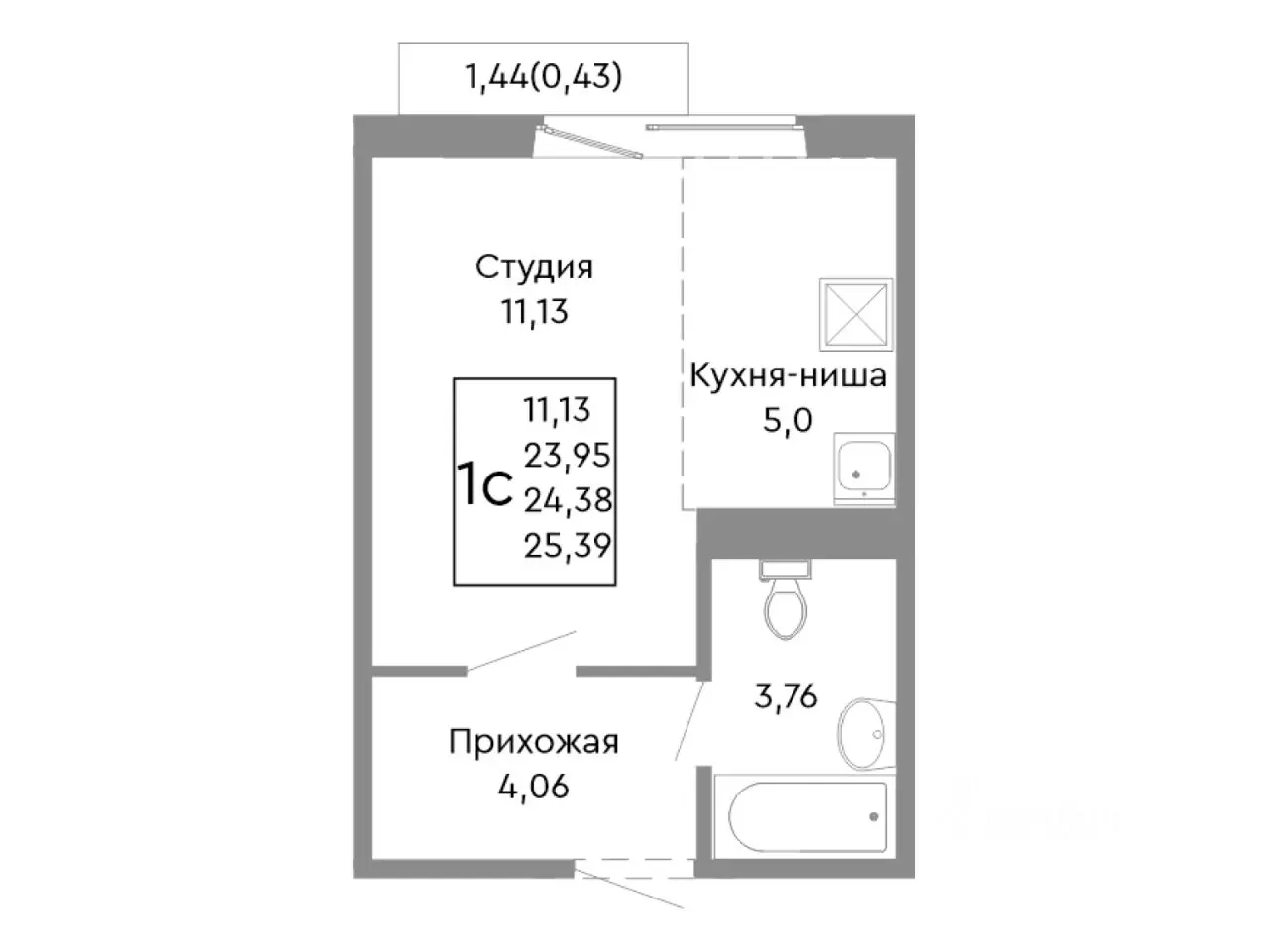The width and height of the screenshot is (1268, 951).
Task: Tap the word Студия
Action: (x=534, y=267)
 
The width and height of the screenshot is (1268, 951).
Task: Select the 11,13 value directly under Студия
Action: (x=534, y=312)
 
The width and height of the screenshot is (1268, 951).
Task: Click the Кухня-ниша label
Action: (x=788, y=376)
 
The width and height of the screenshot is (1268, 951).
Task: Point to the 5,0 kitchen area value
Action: (x=788, y=420)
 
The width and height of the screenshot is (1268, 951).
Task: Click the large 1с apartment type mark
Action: (x=483, y=484)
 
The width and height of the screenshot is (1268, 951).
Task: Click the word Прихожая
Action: (x=534, y=742)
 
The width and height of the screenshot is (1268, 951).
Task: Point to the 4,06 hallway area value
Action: (x=534, y=789)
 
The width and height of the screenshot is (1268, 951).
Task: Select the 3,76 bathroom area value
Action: (x=786, y=697)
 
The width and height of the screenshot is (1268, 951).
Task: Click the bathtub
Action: (x=807, y=818)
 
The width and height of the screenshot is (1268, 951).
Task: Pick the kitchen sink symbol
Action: (x=864, y=469)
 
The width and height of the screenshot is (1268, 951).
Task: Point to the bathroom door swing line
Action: (x=690, y=720)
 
